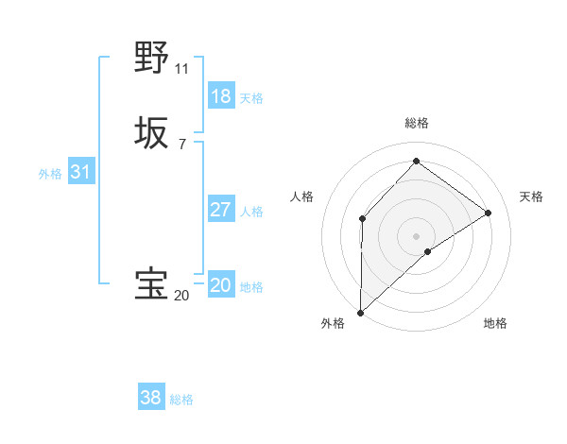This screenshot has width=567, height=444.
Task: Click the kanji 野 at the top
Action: [x=151, y=58]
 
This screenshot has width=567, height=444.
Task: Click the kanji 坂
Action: [x=151, y=133]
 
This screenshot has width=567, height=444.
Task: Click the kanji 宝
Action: [x=151, y=284]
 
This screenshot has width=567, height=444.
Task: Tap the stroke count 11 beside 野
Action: [x=181, y=69]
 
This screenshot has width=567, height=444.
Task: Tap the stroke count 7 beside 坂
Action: [x=181, y=145]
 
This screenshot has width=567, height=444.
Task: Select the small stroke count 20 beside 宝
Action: [x=181, y=296]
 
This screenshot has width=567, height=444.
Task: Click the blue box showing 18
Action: [x=221, y=96]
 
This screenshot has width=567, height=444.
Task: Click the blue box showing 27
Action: [x=221, y=210]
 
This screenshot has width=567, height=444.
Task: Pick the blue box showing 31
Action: [x=81, y=172]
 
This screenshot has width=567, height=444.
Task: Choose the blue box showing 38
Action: [x=151, y=398]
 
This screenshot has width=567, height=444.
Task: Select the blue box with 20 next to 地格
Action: [x=221, y=285]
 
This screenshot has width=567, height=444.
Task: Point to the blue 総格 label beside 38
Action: [x=181, y=400]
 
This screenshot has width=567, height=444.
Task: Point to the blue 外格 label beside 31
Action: [x=50, y=174]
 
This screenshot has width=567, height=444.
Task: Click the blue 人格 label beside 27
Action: [x=252, y=212]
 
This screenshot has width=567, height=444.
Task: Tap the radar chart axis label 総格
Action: [x=416, y=123]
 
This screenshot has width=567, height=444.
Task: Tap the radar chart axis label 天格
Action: [x=531, y=196]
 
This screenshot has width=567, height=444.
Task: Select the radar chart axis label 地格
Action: [x=495, y=323]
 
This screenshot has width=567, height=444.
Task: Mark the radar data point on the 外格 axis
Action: [x=360, y=312]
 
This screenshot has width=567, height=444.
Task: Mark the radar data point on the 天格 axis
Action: [x=489, y=213]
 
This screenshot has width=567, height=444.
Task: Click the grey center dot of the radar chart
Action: [x=416, y=235]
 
